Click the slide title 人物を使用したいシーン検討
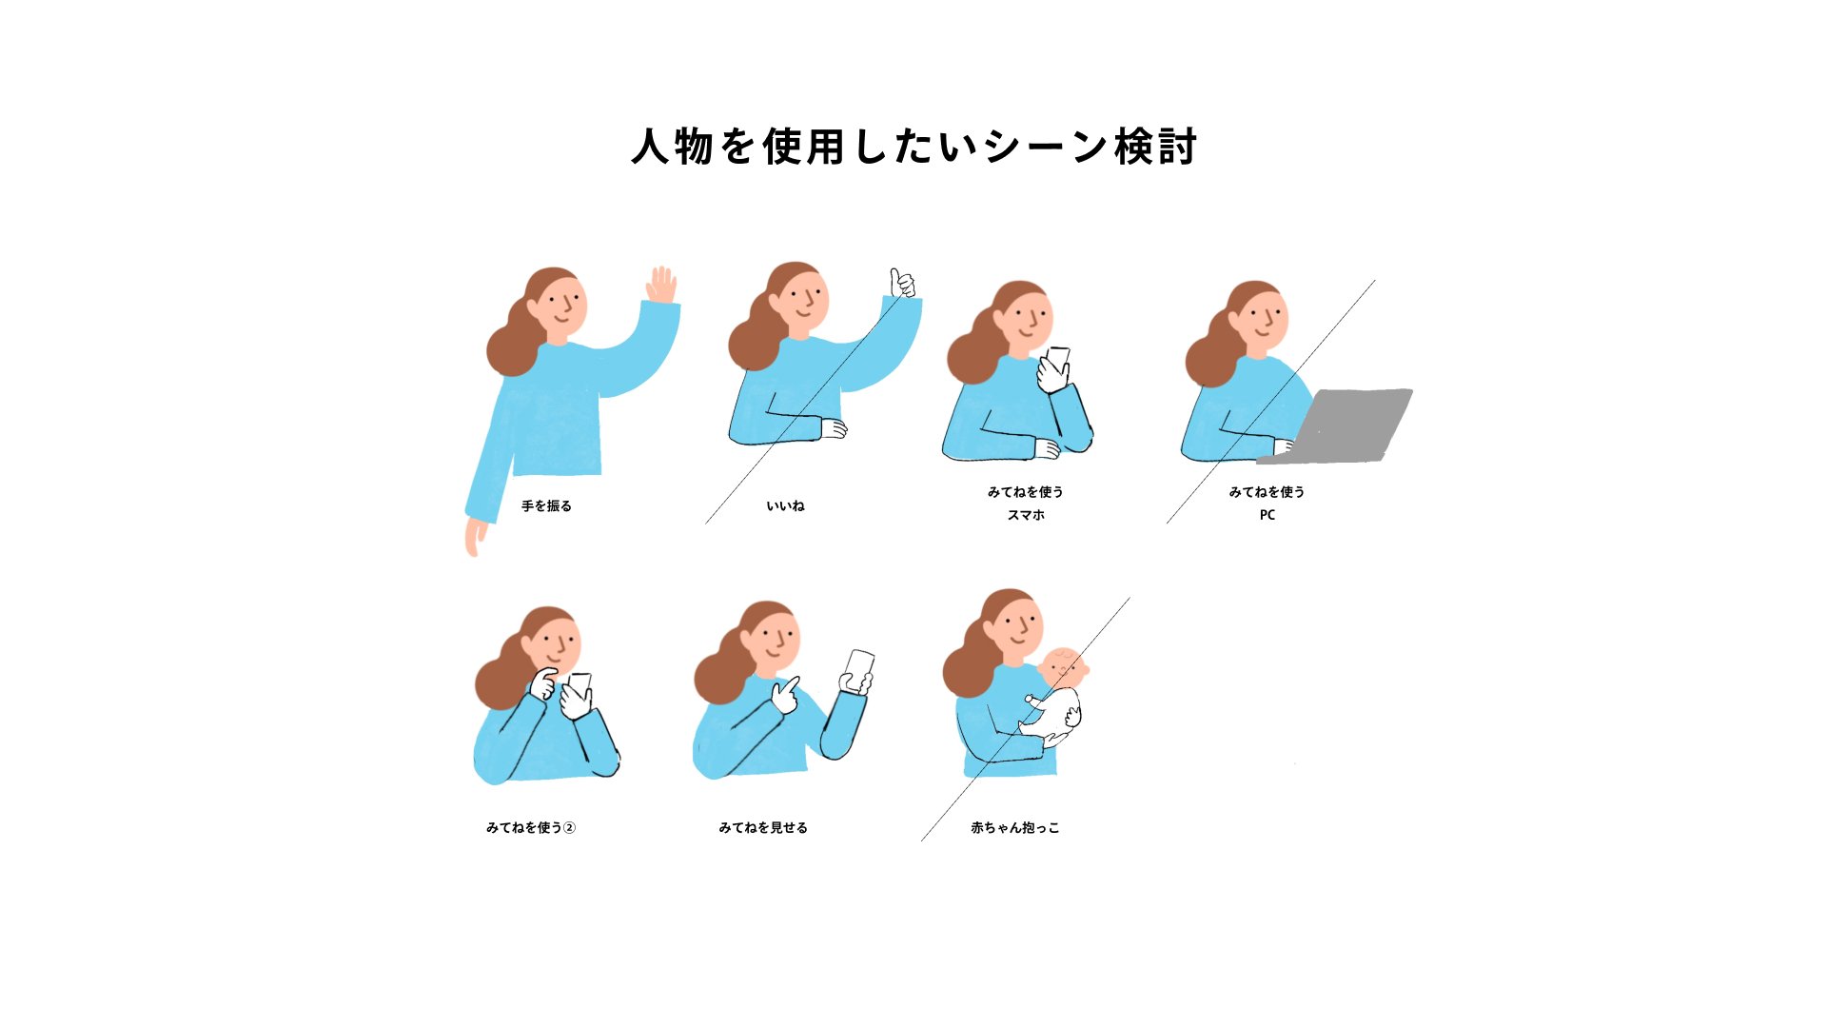(x=913, y=147)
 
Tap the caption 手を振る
(x=546, y=506)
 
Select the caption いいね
(x=785, y=506)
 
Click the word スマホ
(x=1026, y=515)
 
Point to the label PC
(x=1267, y=515)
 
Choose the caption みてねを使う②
(x=531, y=828)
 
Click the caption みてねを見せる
(x=763, y=828)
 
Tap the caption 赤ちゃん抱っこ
(x=1014, y=828)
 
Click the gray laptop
(x=1337, y=425)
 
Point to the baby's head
(x=1063, y=668)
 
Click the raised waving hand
(x=661, y=285)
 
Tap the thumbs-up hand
(x=901, y=283)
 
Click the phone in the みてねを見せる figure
(x=859, y=668)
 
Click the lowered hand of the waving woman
(x=475, y=538)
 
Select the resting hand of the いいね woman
(x=834, y=429)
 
